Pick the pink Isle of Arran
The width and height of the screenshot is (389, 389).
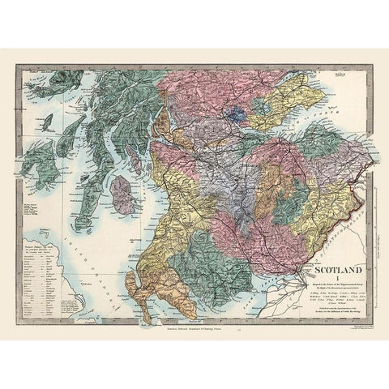click(124, 194)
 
